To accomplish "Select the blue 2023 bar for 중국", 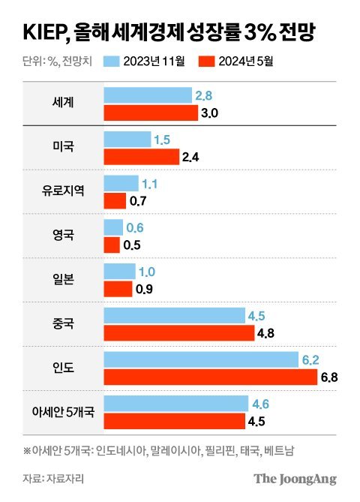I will point(174,315).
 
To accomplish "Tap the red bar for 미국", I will point(140,157).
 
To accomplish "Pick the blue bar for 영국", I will point(113,227).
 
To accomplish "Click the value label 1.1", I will point(151,183).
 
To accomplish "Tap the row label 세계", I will point(64,104).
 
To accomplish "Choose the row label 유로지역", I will point(64,191).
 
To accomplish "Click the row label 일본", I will point(64,279).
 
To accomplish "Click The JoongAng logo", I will point(295,479).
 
